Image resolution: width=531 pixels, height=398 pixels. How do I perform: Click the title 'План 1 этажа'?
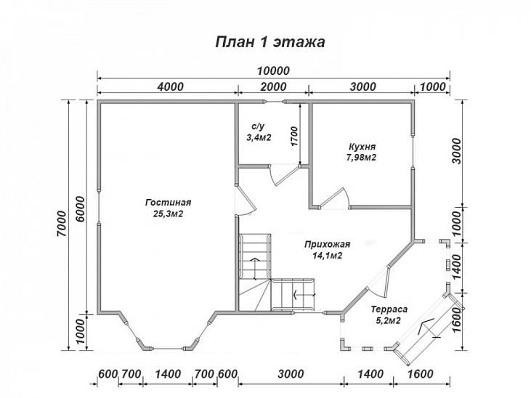270,42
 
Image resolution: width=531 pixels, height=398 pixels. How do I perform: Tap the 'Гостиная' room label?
169,203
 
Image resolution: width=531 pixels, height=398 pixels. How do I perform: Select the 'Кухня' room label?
362,147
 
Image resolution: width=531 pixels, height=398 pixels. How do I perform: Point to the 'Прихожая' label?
327,245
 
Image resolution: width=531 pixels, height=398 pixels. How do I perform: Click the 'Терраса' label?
389,309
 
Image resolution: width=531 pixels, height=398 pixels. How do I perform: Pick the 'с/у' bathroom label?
258,126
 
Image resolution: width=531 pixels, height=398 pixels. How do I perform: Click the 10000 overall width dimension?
273,70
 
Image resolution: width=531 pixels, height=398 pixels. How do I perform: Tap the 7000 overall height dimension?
62,224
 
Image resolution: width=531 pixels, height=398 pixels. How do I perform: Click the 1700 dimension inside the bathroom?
294,136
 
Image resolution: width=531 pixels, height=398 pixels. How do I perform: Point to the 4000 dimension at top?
171,86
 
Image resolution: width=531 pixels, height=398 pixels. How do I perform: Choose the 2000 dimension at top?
274,86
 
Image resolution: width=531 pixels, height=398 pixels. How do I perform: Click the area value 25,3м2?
169,214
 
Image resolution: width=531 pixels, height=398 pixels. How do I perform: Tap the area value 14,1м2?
327,256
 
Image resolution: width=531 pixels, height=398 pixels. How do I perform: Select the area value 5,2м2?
389,320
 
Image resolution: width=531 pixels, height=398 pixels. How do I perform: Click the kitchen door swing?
335,198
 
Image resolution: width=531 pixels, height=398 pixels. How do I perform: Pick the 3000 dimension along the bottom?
291,374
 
